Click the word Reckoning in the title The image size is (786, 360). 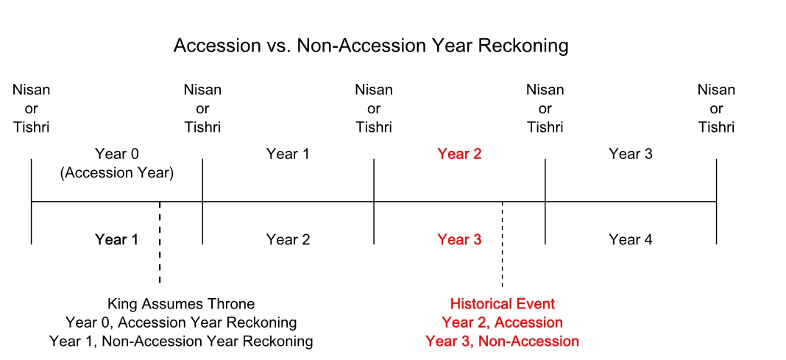(525, 46)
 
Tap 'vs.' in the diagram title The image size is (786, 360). (275, 46)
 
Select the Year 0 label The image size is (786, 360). (116, 154)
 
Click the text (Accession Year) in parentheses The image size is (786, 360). (117, 174)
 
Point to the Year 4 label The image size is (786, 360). (631, 240)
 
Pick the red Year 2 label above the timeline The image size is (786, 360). (459, 154)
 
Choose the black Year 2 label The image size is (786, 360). (288, 240)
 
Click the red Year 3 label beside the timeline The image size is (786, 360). (459, 240)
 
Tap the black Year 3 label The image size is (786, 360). (631, 154)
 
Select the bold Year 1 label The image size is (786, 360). (116, 240)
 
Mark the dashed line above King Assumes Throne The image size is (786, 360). (160, 242)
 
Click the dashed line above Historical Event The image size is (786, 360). (502, 244)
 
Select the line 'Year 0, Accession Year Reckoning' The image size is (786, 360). (181, 322)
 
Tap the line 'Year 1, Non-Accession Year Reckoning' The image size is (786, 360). (181, 342)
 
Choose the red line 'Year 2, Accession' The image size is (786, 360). (502, 322)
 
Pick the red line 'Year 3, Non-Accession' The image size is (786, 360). (502, 342)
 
